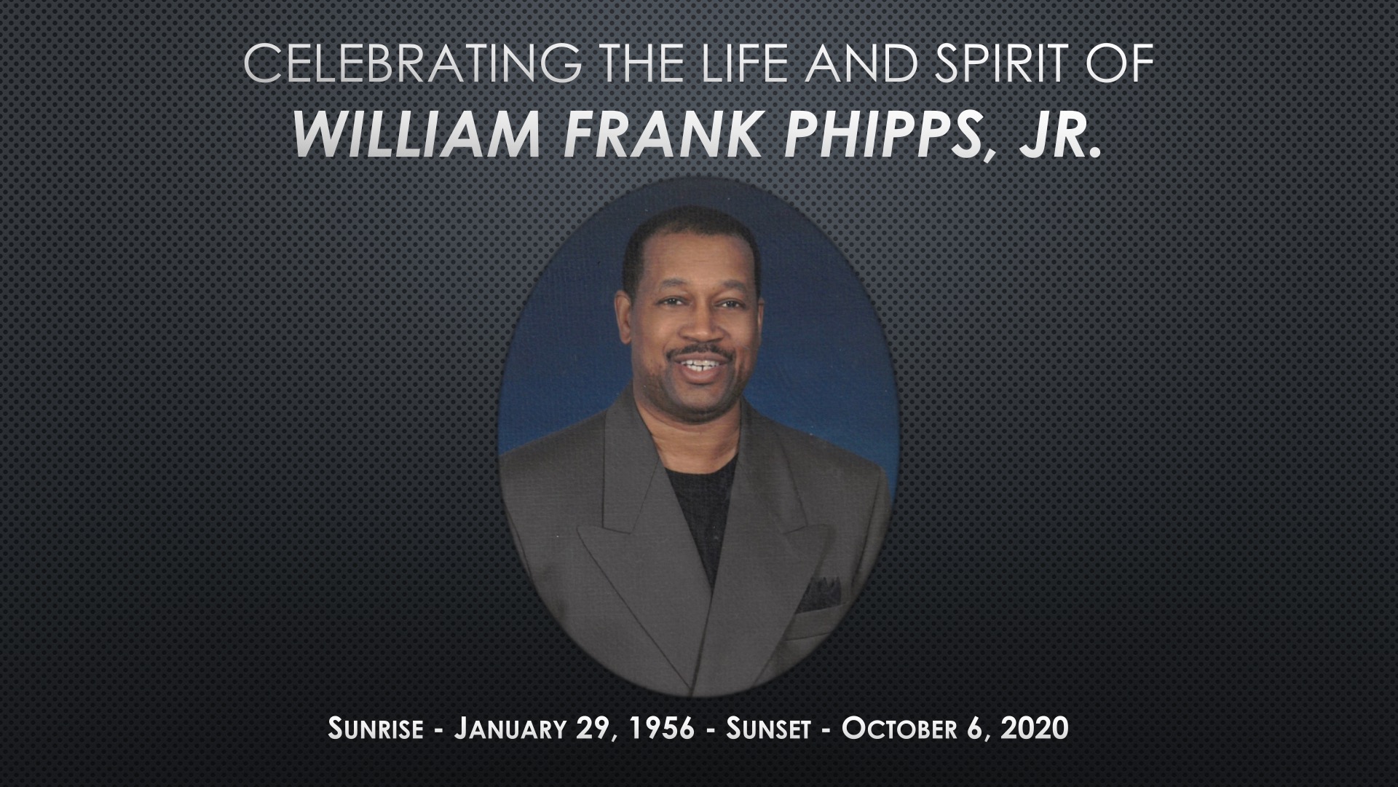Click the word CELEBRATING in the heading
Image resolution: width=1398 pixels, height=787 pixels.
tap(412, 66)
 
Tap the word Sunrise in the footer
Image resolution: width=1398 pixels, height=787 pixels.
tap(375, 728)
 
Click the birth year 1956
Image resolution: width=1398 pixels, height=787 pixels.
tap(663, 728)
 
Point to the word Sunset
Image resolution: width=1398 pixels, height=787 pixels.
tap(768, 728)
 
